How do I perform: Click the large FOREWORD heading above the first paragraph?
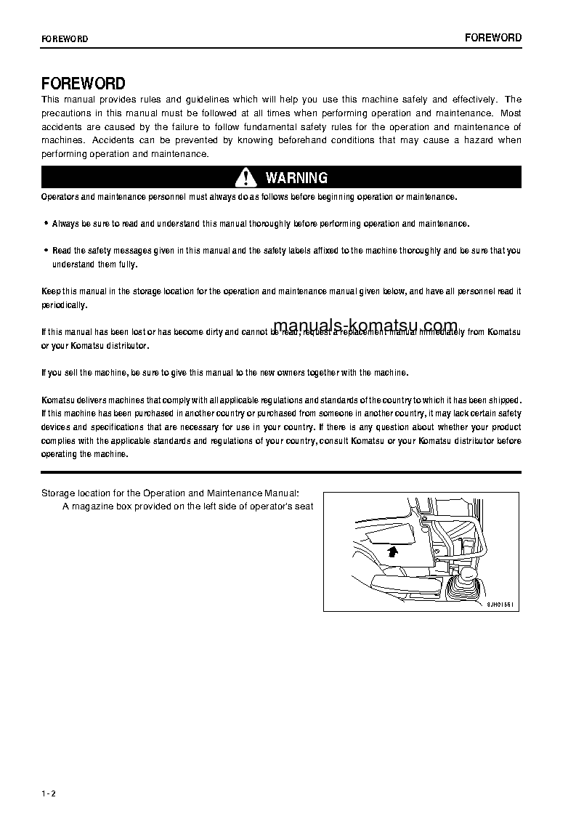pos(83,84)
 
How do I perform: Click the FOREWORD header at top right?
pos(493,38)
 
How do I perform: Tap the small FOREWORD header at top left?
pos(65,39)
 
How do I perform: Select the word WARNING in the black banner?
pos(296,178)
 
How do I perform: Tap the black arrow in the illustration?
pos(393,552)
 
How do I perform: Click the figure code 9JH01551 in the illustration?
pos(500,603)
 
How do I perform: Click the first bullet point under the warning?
pos(46,225)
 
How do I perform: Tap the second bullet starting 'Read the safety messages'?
pos(46,251)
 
